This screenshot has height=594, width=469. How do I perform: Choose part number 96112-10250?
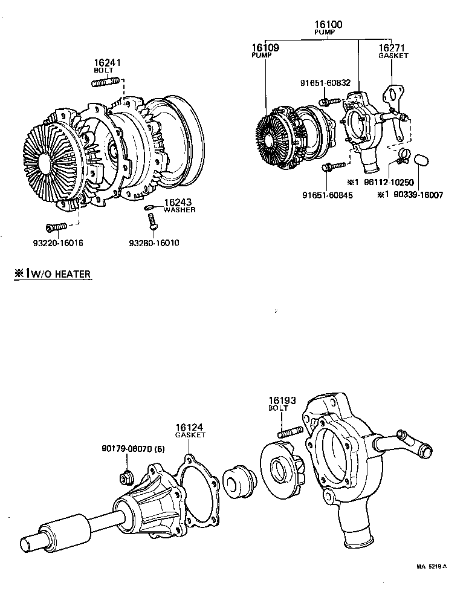[x=390, y=181]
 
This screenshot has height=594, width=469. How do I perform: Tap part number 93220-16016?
[x=59, y=243]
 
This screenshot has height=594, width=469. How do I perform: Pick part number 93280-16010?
[x=154, y=243]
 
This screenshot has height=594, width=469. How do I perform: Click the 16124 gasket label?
[x=190, y=430]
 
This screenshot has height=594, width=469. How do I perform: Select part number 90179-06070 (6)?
[x=133, y=449]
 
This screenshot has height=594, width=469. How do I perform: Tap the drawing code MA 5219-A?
[x=431, y=567]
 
